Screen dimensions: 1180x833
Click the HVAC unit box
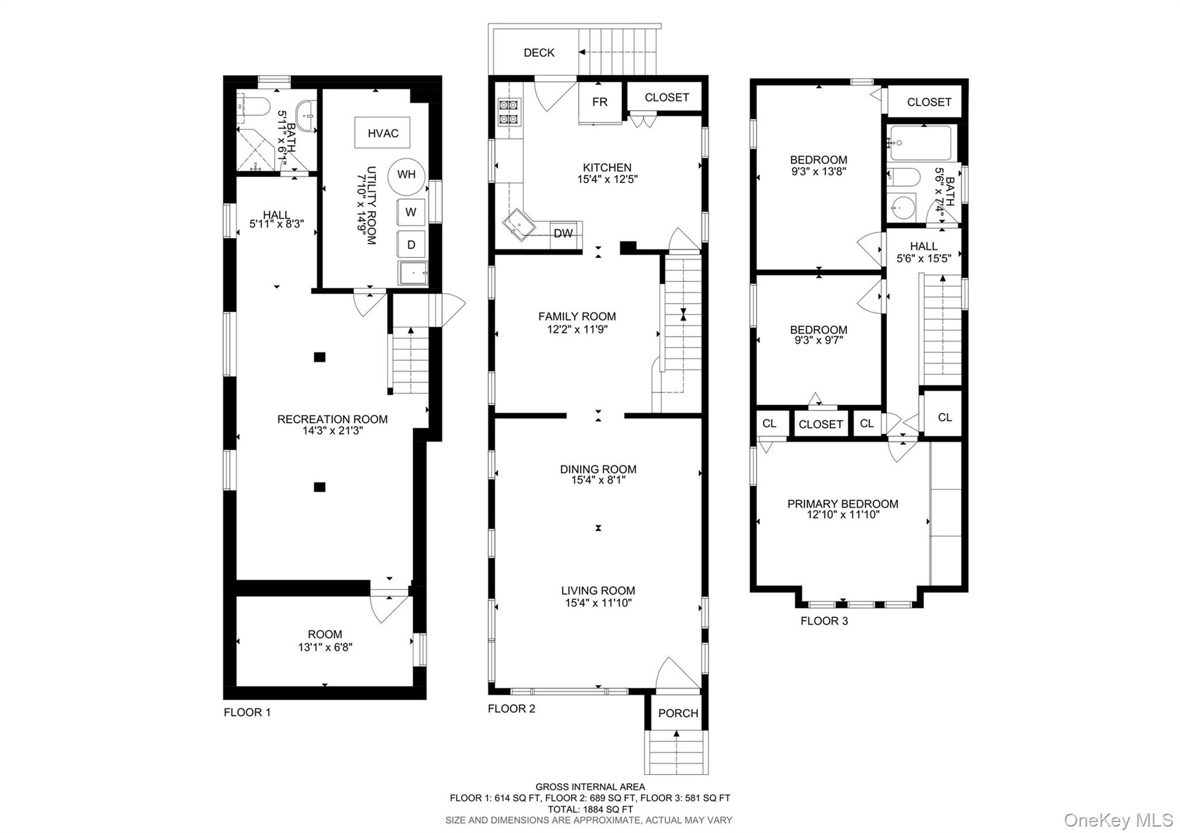382,132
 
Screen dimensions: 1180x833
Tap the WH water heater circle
406,175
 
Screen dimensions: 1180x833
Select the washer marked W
411,212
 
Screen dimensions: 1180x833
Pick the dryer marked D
411,245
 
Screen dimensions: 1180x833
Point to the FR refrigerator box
600,102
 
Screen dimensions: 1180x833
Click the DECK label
539,53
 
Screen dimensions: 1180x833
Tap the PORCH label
678,713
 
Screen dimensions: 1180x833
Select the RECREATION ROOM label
332,419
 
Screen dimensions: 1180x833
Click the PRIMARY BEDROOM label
843,504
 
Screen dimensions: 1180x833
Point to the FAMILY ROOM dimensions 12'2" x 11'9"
577,329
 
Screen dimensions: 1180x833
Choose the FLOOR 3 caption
824,621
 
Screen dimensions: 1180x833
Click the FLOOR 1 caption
247,713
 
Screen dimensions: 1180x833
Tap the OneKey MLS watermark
1119,819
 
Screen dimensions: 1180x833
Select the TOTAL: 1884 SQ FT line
590,809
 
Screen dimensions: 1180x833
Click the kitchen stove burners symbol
509,112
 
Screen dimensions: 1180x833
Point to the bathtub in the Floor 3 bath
920,143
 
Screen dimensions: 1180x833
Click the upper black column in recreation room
320,357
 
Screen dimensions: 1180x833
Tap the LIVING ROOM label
598,591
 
